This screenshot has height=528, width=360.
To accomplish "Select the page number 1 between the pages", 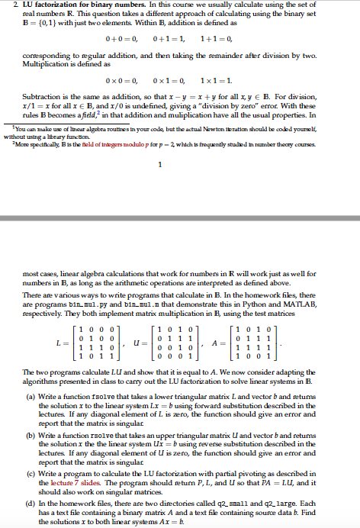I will (180, 163).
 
